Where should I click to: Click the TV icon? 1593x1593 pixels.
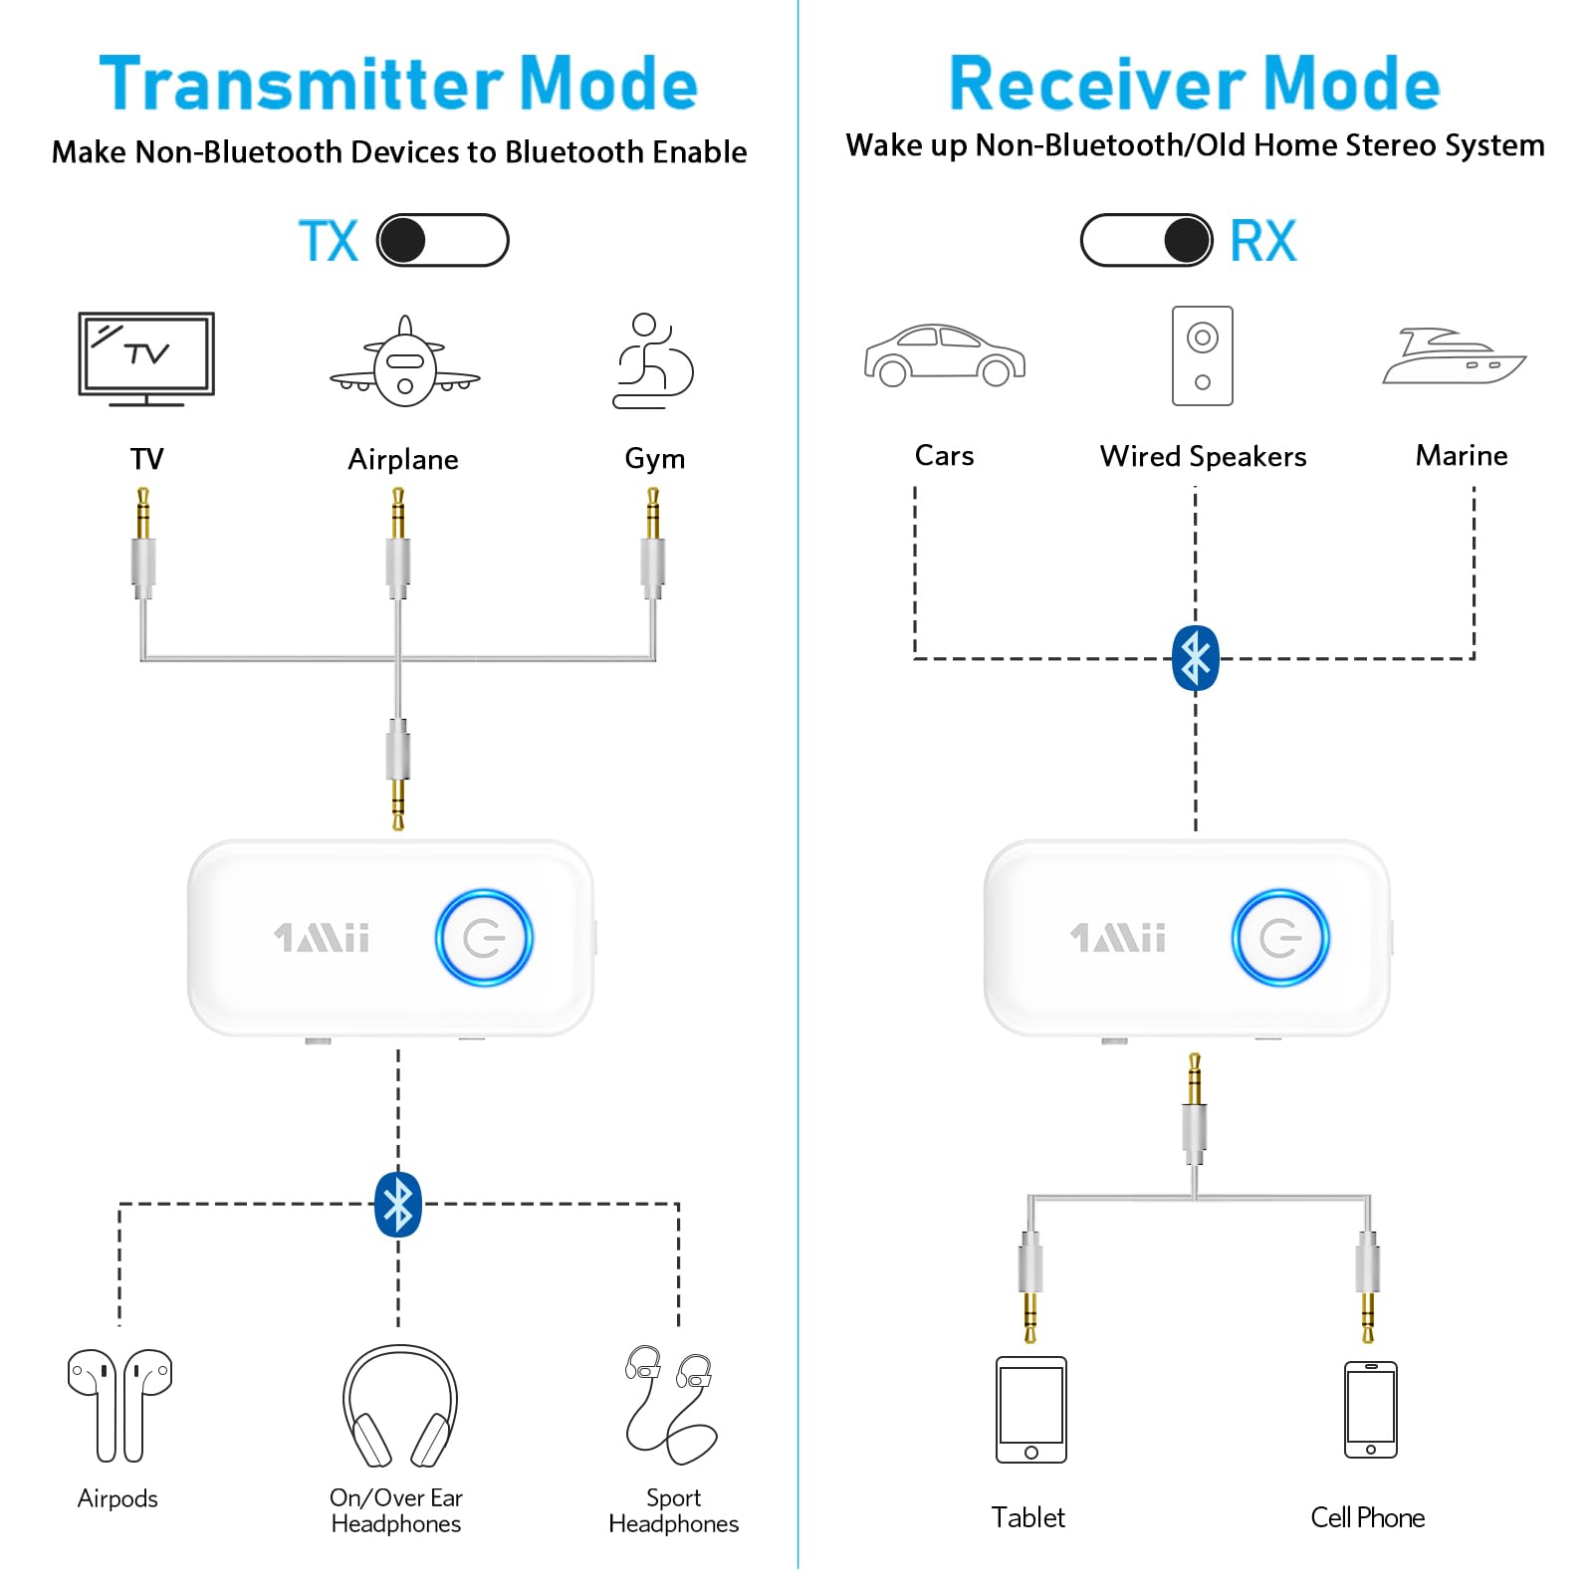[x=146, y=358]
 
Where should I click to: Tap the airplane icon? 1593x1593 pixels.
[x=404, y=361]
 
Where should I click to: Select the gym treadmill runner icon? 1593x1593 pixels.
[x=653, y=360]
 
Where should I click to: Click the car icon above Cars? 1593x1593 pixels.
[x=945, y=354]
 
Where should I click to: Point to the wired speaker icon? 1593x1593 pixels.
[x=1203, y=355]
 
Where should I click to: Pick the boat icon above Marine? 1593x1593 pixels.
[x=1455, y=355]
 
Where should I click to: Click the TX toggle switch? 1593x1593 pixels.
[x=443, y=240]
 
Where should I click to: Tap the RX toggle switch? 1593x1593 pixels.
[x=1147, y=240]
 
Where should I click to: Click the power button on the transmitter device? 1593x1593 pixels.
[x=484, y=938]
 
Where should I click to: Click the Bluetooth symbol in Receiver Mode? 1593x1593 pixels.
[x=1196, y=658]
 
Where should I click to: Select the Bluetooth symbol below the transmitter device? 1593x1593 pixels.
[x=398, y=1205]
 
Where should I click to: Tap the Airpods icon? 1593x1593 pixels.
[x=119, y=1405]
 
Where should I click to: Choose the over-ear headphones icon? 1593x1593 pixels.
[x=400, y=1406]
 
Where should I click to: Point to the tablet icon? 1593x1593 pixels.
[x=1031, y=1410]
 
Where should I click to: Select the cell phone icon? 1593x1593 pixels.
[x=1371, y=1410]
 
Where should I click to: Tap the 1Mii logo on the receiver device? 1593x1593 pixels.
[x=1118, y=938]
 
